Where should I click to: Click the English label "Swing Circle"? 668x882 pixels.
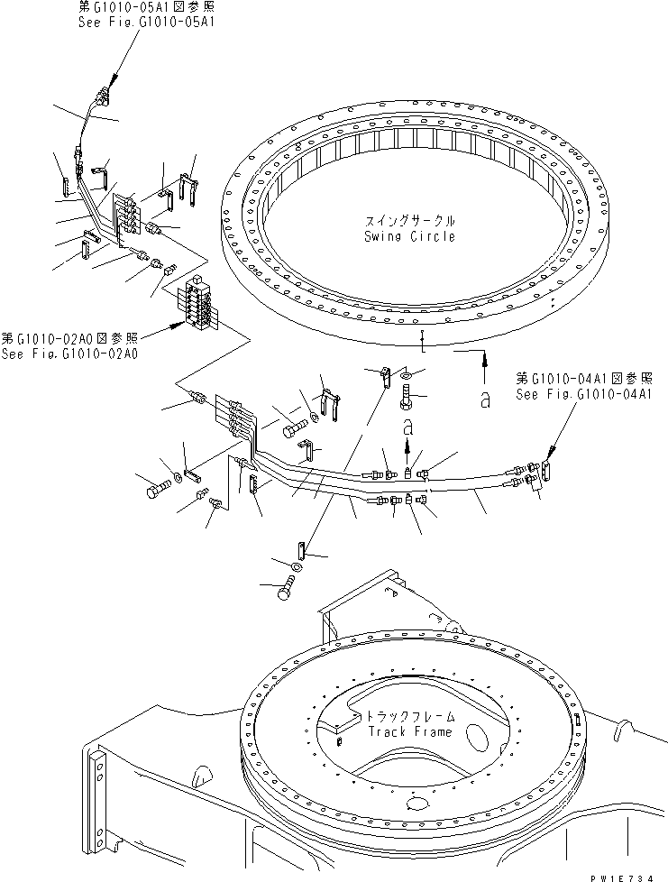(x=410, y=236)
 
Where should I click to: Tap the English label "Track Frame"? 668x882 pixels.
(x=409, y=731)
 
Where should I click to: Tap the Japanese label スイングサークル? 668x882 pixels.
(x=410, y=220)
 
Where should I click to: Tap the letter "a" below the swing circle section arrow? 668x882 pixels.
(x=485, y=400)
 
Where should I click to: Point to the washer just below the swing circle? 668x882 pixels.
(x=405, y=373)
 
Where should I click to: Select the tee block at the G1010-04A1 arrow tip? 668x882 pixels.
(x=544, y=473)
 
